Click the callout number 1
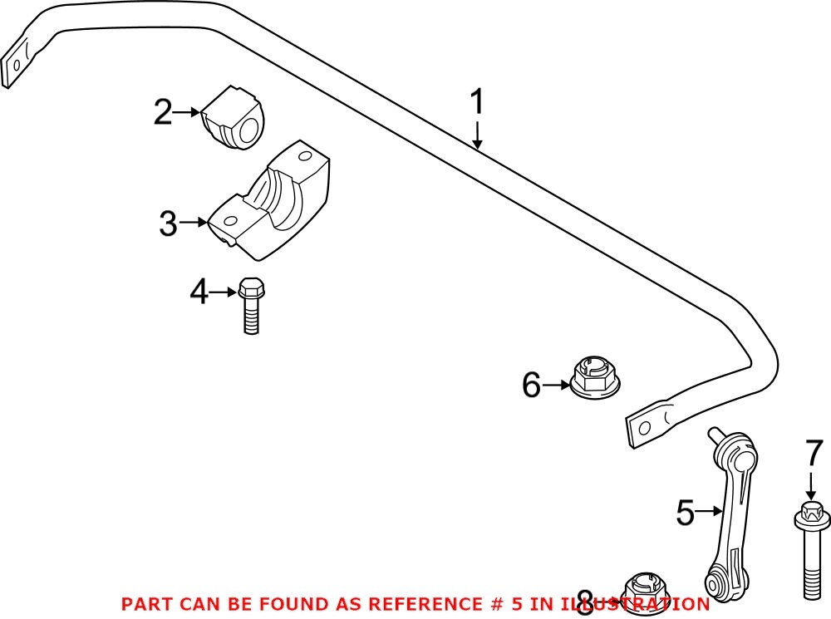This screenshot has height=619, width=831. coord(477,104)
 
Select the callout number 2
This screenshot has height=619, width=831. coord(163,112)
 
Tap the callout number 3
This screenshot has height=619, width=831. coord(168,223)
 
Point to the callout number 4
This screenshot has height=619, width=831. coord(199,292)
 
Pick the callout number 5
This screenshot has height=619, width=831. coord(685,513)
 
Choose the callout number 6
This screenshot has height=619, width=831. coord(531,385)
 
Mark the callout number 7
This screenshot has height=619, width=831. coord(811,455)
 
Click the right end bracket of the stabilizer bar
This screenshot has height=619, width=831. coord(649,425)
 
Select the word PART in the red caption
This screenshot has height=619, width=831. coord(147,604)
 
